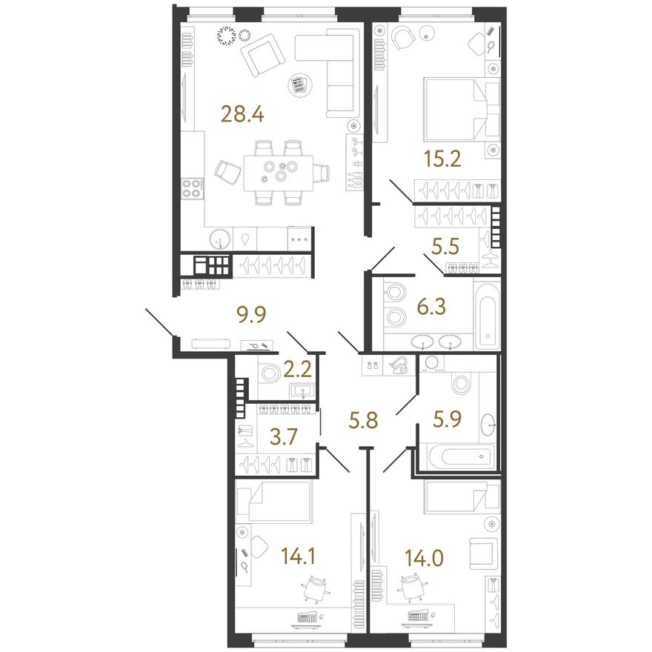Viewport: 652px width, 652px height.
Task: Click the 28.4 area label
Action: (x=243, y=114)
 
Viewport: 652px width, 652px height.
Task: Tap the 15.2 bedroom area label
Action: (x=442, y=159)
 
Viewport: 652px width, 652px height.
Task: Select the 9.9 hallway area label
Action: (x=251, y=315)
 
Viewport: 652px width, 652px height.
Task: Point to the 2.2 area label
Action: (x=298, y=368)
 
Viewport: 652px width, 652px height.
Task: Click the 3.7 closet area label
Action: (x=284, y=437)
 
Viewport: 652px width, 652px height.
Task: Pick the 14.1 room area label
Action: (x=298, y=556)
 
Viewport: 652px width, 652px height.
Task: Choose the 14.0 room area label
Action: (x=425, y=558)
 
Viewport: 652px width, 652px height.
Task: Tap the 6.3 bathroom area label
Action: (x=432, y=307)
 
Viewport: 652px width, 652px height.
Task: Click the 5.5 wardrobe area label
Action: (x=445, y=246)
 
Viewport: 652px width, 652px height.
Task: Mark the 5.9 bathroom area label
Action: (x=448, y=419)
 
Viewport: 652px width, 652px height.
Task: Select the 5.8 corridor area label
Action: (x=364, y=420)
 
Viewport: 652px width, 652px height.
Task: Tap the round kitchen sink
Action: (x=220, y=239)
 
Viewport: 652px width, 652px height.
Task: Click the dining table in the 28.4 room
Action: (x=279, y=173)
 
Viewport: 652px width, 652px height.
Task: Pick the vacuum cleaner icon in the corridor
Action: (x=399, y=366)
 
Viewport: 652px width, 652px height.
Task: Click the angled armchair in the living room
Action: (x=262, y=55)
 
